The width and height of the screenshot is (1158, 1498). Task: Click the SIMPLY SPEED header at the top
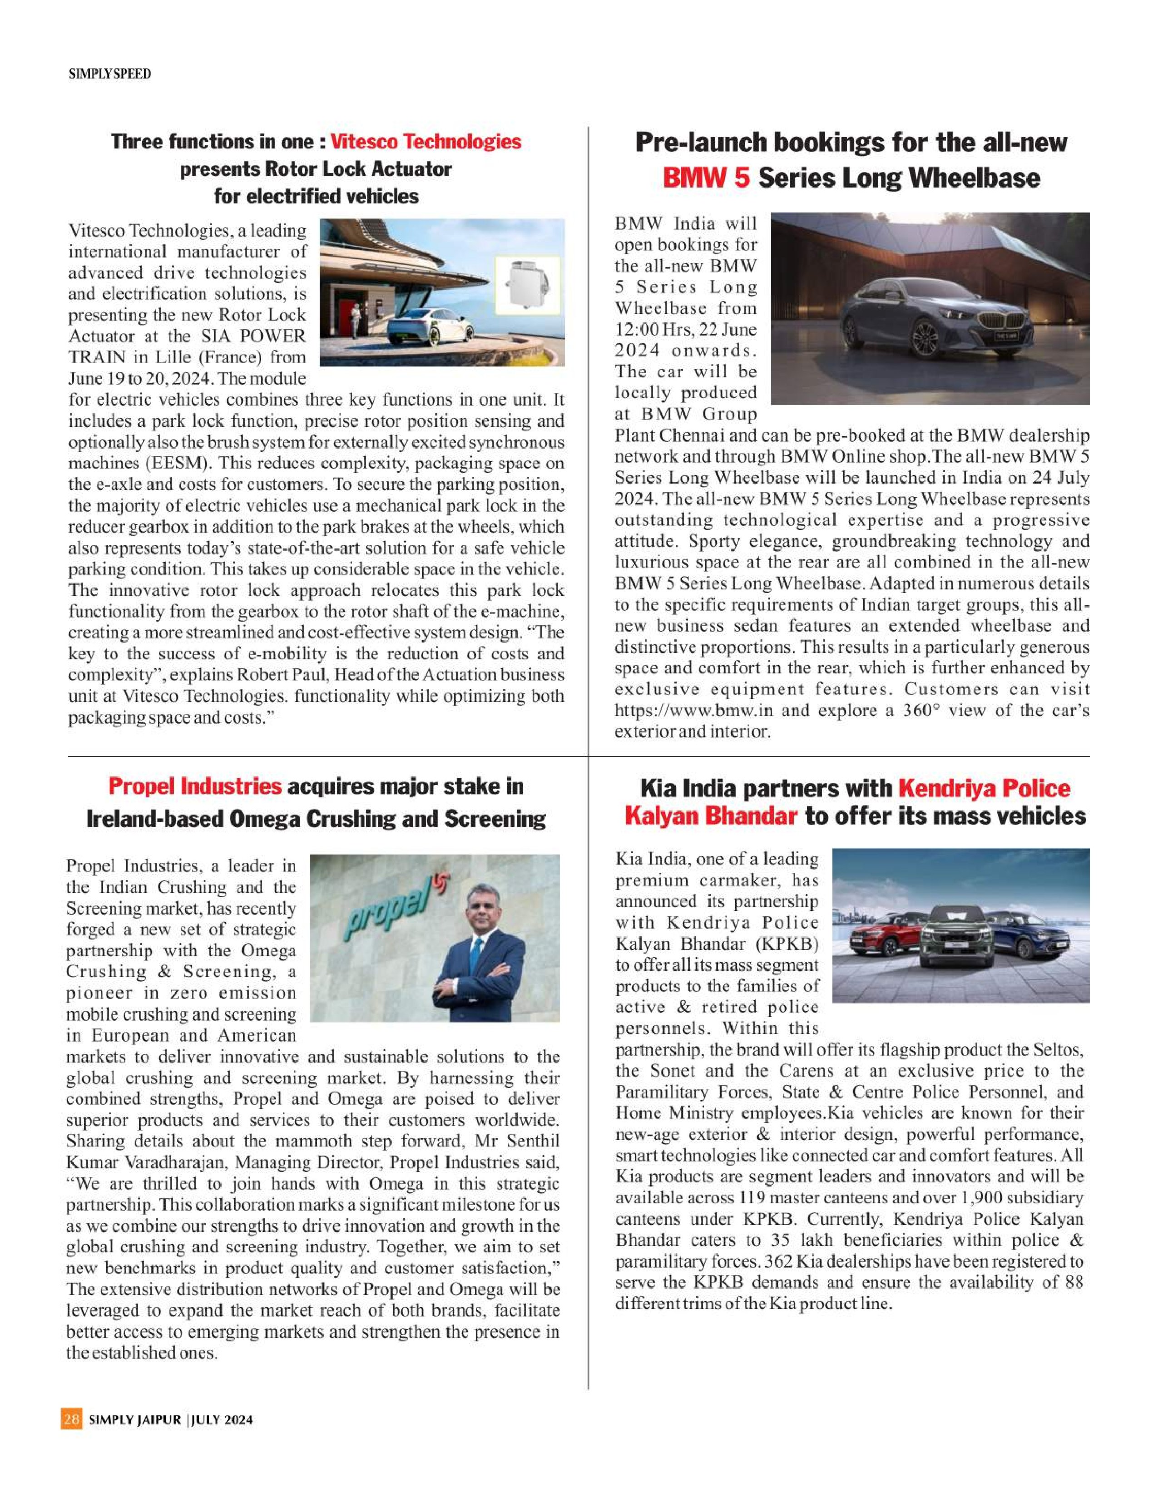[x=110, y=74]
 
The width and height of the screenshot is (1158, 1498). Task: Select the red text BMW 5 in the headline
[x=706, y=178]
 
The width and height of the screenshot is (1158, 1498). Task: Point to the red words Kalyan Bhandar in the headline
[x=711, y=816]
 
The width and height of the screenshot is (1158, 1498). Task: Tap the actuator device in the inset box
[x=527, y=285]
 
